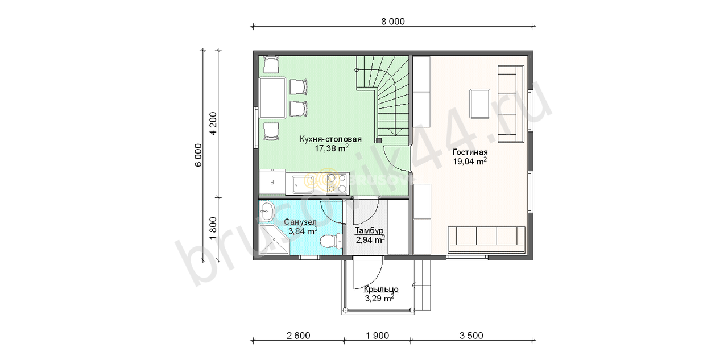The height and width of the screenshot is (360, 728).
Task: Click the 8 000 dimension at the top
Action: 393,22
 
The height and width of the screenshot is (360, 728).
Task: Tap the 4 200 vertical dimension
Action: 213,123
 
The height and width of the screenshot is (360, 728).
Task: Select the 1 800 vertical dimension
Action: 213,229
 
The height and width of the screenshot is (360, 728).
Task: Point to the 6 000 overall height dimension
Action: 198,155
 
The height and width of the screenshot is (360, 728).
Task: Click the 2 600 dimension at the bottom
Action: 299,336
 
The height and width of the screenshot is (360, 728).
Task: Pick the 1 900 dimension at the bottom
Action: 377,336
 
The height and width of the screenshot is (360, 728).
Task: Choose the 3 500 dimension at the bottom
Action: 471,336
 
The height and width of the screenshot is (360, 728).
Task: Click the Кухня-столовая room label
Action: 330,139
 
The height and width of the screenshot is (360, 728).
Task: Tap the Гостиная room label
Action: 470,152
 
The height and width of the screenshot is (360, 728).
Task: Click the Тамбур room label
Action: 369,230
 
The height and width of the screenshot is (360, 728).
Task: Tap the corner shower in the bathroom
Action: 274,240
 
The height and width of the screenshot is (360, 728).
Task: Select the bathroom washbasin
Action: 267,211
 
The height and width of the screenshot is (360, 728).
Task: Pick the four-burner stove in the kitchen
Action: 337,183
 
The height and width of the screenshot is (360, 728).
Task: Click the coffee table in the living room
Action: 479,104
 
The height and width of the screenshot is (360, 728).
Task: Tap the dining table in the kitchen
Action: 272,98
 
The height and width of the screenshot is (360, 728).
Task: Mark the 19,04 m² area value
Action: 470,161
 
